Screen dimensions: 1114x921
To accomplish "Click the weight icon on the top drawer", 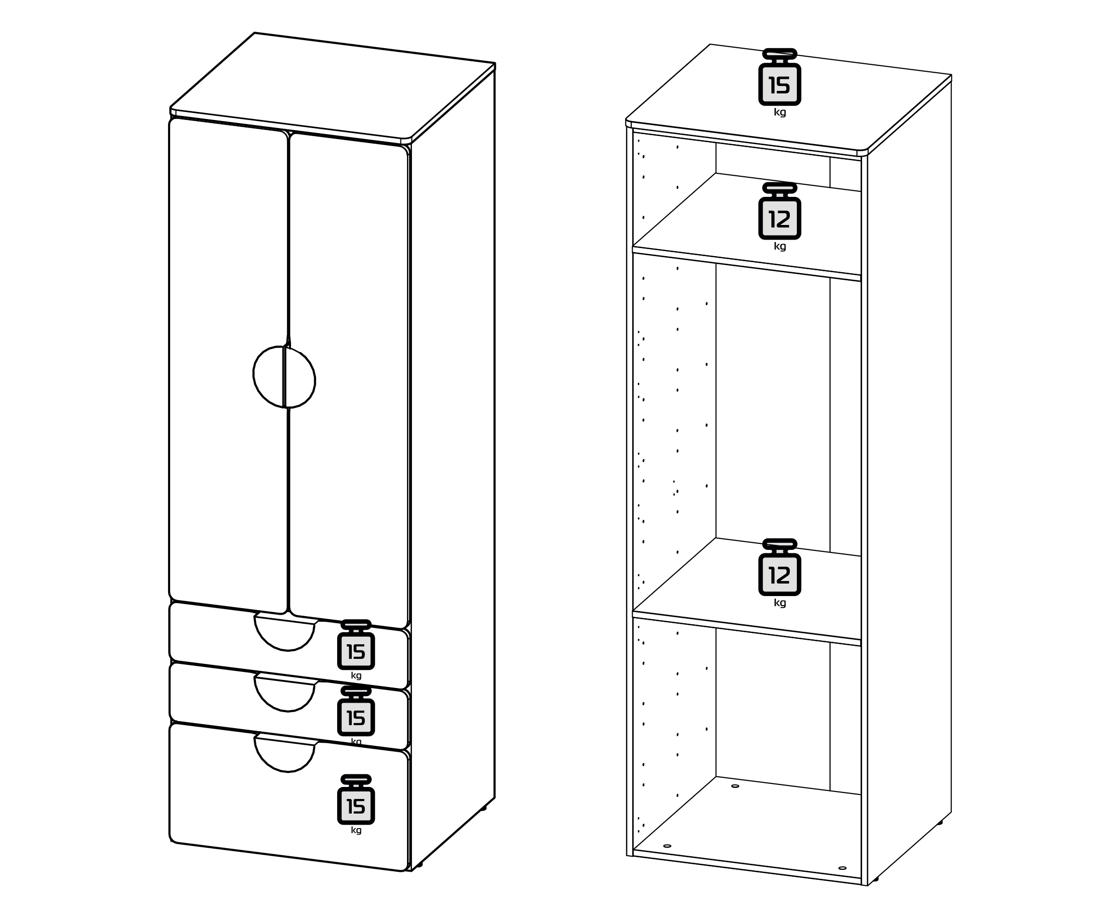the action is [356, 645].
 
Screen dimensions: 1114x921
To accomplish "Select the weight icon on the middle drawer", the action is [356, 711].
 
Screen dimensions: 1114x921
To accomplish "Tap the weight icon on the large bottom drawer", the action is [356, 799].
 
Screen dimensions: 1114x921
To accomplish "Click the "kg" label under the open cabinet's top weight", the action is [779, 112].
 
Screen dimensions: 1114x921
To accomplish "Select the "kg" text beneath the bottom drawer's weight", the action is [356, 831].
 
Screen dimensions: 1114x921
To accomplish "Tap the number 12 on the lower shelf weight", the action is [779, 575].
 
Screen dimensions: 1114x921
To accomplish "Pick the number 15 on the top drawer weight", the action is [356, 652].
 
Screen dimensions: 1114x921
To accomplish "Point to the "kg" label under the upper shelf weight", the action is [779, 247].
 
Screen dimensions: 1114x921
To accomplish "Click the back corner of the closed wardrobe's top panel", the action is [254, 33].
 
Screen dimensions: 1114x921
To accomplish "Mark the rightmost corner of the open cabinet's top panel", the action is [951, 75].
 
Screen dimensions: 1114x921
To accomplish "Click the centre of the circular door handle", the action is [284, 377].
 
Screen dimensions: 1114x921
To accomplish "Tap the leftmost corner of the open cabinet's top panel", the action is [626, 120].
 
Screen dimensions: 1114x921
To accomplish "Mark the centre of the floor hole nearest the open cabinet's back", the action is [735, 786].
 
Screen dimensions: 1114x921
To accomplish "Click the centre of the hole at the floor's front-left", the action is [667, 846].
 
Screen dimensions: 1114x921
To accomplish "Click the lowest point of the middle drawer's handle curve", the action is [288, 712].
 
